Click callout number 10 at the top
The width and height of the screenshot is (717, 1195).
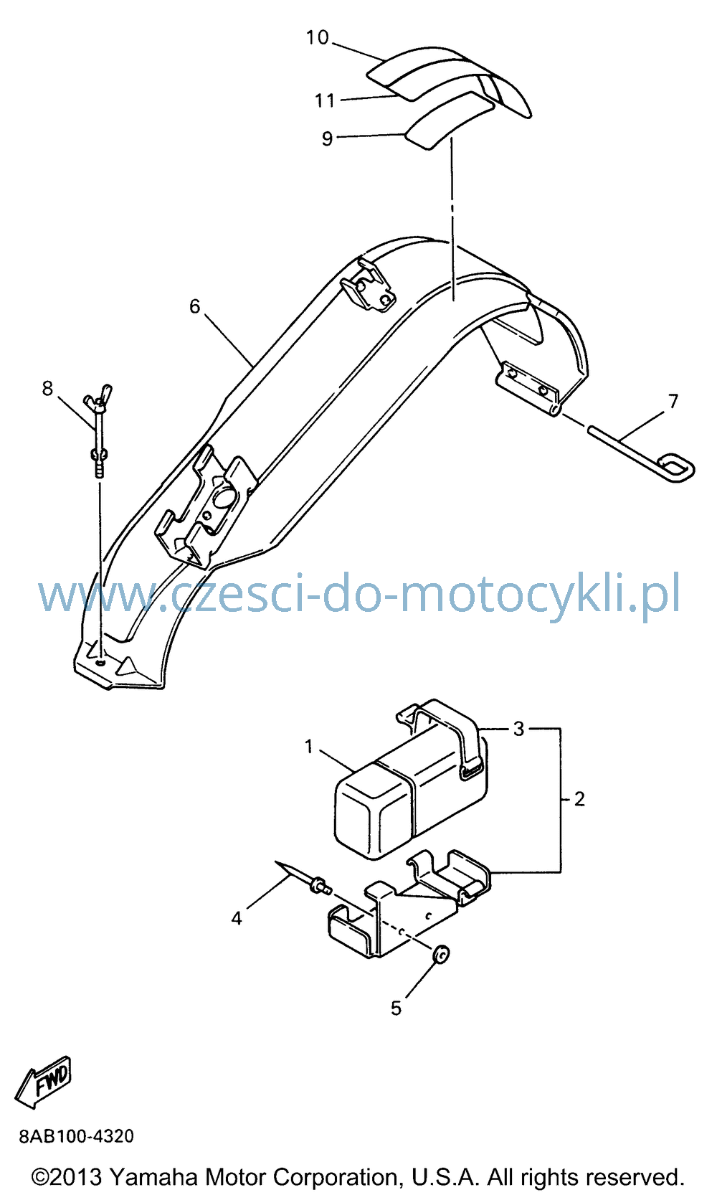[x=317, y=37]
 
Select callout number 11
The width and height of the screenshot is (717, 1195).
[x=325, y=100]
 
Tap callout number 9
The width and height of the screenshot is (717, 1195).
[x=328, y=138]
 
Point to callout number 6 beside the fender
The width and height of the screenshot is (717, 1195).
[x=194, y=306]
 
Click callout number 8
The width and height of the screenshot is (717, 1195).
[x=47, y=388]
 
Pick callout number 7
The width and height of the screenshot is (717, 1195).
[x=673, y=401]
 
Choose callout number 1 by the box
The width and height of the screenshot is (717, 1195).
[x=308, y=747]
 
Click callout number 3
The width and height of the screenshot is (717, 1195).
[x=518, y=728]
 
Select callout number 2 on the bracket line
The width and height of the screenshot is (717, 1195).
[x=579, y=798]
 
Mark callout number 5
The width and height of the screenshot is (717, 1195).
[x=396, y=1008]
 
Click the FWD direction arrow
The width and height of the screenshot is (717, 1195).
[x=43, y=1081]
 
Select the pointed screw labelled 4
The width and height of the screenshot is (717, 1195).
[x=303, y=878]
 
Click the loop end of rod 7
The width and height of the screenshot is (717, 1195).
[x=676, y=468]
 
